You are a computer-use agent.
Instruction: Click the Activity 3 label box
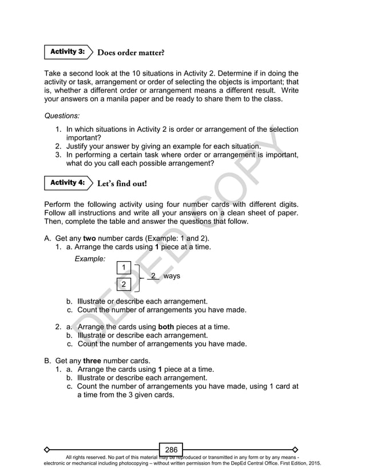pyautogui.click(x=67, y=52)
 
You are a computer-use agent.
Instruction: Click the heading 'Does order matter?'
pyautogui.click(x=131, y=53)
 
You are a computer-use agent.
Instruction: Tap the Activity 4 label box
pyautogui.click(x=67, y=183)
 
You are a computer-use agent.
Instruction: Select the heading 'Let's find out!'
pyautogui.click(x=122, y=184)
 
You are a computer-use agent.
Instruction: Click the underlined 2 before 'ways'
pyautogui.click(x=153, y=276)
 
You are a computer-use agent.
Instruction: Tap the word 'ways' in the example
pyautogui.click(x=172, y=276)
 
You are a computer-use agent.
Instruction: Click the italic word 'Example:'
pyautogui.click(x=90, y=259)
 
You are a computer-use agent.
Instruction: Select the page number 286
pyautogui.click(x=171, y=450)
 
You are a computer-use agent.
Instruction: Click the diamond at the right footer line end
pyautogui.click(x=295, y=449)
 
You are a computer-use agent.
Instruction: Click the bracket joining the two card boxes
pyautogui.click(x=138, y=276)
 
